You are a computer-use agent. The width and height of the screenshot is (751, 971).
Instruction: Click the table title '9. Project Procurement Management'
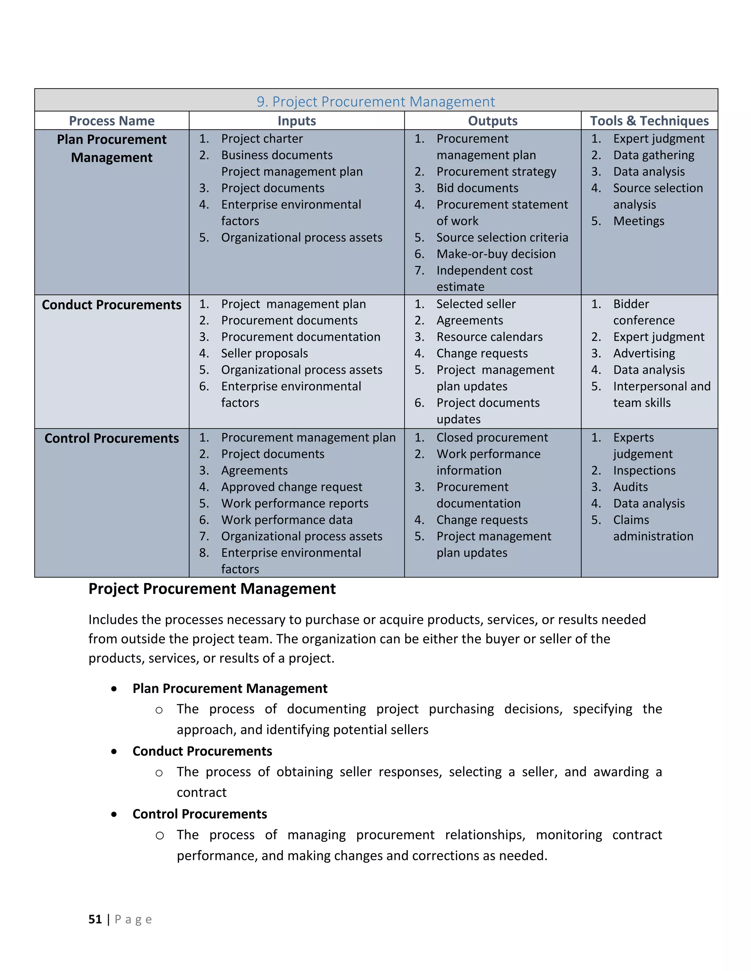(x=375, y=102)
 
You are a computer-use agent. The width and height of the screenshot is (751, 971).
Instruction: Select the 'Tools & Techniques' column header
(x=649, y=121)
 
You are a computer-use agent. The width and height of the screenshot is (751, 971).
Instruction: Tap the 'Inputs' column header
(x=297, y=121)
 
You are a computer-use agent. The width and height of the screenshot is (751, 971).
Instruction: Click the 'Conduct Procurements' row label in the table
(x=112, y=305)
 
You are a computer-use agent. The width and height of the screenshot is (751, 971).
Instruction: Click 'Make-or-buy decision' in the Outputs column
(x=496, y=254)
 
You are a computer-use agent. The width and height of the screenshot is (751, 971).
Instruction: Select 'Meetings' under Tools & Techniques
(x=638, y=221)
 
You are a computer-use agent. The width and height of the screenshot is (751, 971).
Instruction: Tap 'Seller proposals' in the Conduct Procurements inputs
(x=264, y=354)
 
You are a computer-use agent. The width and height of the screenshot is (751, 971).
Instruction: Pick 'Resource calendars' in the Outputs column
(x=490, y=337)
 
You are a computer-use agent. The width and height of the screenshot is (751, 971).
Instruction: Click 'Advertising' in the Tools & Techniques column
(x=644, y=354)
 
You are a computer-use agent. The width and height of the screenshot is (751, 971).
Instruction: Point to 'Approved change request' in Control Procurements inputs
(x=292, y=487)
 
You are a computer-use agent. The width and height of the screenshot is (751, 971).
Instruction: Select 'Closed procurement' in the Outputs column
(x=492, y=437)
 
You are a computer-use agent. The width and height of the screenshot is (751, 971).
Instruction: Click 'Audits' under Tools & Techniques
(x=630, y=487)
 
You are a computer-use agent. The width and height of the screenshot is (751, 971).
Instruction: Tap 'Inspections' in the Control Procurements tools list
(x=644, y=470)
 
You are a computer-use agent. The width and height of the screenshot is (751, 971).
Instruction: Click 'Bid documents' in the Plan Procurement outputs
(x=477, y=188)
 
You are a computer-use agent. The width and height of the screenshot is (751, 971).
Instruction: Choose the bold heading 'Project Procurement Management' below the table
(x=212, y=589)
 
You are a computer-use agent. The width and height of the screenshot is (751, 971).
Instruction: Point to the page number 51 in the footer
(x=95, y=919)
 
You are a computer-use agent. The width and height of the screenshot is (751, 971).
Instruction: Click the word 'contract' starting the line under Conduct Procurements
(x=202, y=792)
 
